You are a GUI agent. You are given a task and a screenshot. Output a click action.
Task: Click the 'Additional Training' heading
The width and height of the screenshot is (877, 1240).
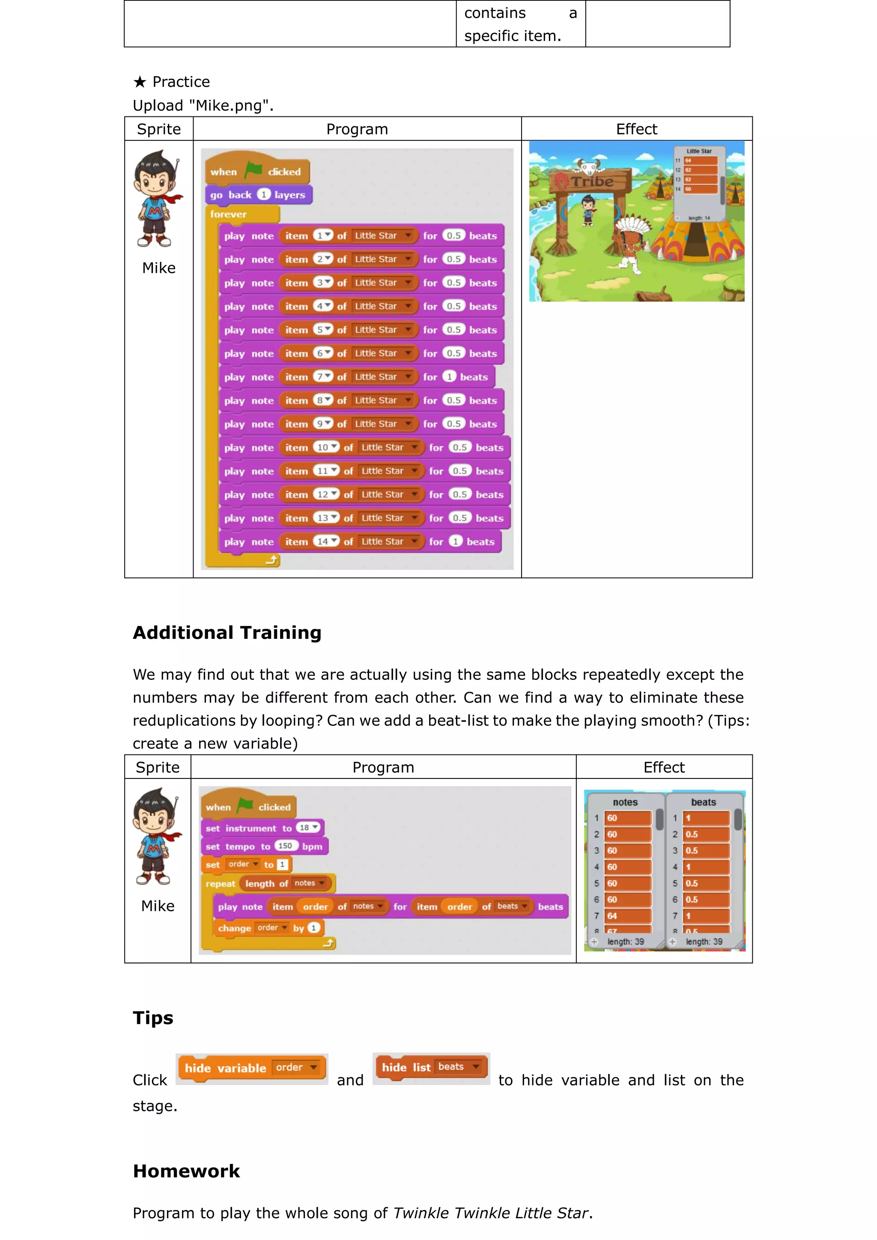point(227,632)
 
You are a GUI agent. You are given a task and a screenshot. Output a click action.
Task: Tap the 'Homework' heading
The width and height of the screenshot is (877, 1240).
point(186,1171)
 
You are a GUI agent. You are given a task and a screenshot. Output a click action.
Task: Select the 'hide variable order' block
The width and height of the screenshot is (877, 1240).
point(252,1068)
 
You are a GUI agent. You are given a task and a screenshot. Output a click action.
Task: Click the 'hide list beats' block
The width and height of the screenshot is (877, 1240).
point(431,1067)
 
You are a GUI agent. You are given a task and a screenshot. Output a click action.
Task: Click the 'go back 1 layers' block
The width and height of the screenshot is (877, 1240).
point(258,195)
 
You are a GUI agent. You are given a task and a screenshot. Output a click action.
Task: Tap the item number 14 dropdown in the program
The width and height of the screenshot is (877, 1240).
point(327,541)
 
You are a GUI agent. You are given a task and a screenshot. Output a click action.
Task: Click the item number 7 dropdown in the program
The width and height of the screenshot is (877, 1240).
point(323,376)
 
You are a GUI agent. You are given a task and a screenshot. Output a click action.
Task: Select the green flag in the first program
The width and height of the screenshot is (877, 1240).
point(253,171)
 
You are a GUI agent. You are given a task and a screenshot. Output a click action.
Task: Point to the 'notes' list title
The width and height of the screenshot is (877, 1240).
point(625,802)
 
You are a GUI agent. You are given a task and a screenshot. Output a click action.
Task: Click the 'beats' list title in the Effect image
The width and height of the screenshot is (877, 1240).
point(703,802)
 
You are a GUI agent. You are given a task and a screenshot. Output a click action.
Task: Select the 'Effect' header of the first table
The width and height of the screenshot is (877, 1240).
point(636,129)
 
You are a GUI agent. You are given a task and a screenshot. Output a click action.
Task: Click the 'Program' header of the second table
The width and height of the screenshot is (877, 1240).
point(383,767)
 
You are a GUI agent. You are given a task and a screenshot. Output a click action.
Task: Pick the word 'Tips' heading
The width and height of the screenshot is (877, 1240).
point(153,1018)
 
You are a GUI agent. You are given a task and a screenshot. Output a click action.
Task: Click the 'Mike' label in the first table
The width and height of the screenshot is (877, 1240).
point(159,268)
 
